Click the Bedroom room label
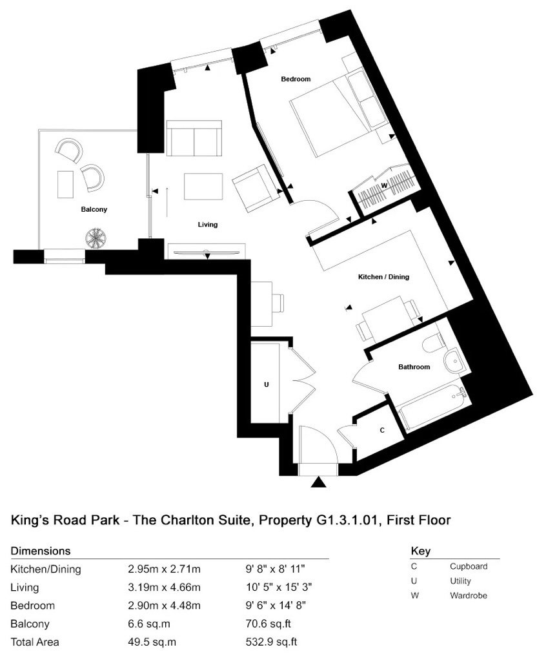(x=296, y=79)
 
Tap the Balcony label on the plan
(x=94, y=209)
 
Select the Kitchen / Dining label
(x=383, y=277)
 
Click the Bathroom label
(x=414, y=367)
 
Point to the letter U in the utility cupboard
(x=267, y=385)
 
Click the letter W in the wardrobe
(x=384, y=185)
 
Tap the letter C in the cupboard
(x=382, y=431)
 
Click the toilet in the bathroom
(x=434, y=342)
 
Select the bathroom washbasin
(x=454, y=360)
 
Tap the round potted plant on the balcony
(x=96, y=238)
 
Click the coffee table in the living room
(x=203, y=187)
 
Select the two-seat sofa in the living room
(x=194, y=138)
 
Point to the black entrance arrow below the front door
(x=318, y=482)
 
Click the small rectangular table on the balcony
(x=65, y=184)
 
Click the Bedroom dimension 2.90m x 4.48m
(x=164, y=606)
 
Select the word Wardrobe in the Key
(x=469, y=595)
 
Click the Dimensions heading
(x=41, y=551)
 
